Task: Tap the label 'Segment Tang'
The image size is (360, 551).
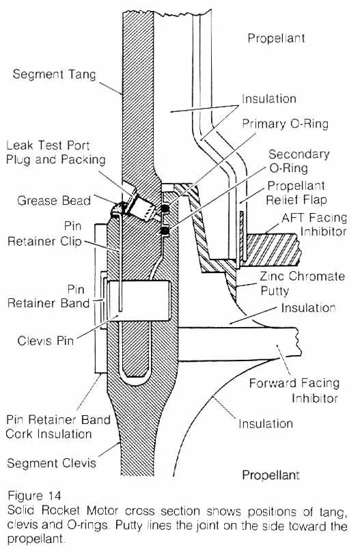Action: pyautogui.click(x=54, y=74)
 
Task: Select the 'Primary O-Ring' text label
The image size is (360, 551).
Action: pyautogui.click(x=285, y=124)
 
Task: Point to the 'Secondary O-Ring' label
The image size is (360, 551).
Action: pyautogui.click(x=299, y=161)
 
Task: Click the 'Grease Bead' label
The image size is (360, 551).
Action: pyautogui.click(x=54, y=201)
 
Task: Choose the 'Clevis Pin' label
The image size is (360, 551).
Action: pyautogui.click(x=46, y=341)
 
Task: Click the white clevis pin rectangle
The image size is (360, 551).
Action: pyautogui.click(x=139, y=300)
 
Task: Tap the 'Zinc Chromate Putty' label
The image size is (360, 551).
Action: pyautogui.click(x=303, y=283)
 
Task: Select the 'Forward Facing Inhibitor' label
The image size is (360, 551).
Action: pyautogui.click(x=294, y=390)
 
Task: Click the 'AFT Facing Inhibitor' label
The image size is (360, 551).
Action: pyautogui.click(x=314, y=225)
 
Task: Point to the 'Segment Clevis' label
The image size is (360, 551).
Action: pyautogui.click(x=51, y=463)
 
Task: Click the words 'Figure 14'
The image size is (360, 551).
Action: pyautogui.click(x=34, y=496)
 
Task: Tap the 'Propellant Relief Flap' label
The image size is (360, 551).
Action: pyautogui.click(x=296, y=193)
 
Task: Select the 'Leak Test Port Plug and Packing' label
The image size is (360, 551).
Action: pyautogui.click(x=55, y=152)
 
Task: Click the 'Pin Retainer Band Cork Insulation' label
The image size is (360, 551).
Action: pyautogui.click(x=58, y=427)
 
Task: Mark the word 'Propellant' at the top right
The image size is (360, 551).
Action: pyautogui.click(x=277, y=38)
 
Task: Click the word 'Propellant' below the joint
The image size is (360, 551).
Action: pyautogui.click(x=271, y=475)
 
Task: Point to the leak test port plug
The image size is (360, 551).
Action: pyautogui.click(x=141, y=208)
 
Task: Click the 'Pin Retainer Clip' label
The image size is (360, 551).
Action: pyautogui.click(x=44, y=234)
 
